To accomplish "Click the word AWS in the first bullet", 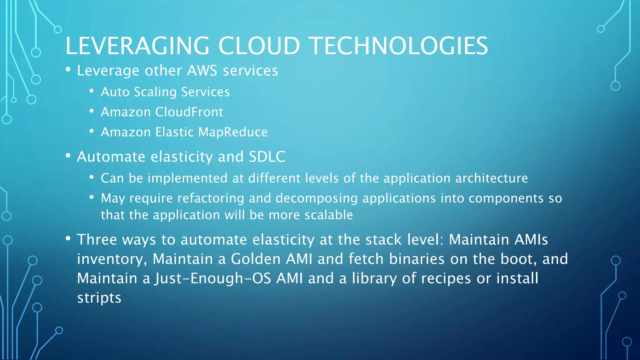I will [x=202, y=71].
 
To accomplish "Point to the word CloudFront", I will [x=189, y=112].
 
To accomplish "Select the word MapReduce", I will [x=233, y=132].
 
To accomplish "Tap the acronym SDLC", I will [x=267, y=157].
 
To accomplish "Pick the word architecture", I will [x=491, y=178].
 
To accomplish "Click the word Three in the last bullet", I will [x=97, y=240].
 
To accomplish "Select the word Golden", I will [x=256, y=259].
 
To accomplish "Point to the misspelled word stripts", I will [x=99, y=298].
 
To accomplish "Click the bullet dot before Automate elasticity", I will [x=68, y=156].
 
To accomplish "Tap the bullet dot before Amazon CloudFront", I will [x=92, y=112].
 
